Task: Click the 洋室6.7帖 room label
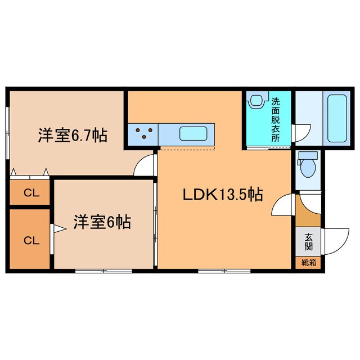(73, 136)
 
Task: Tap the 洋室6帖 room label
(102, 223)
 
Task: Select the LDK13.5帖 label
(222, 195)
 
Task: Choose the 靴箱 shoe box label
(309, 263)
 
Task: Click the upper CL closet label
(31, 193)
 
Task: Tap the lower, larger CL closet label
(31, 240)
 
